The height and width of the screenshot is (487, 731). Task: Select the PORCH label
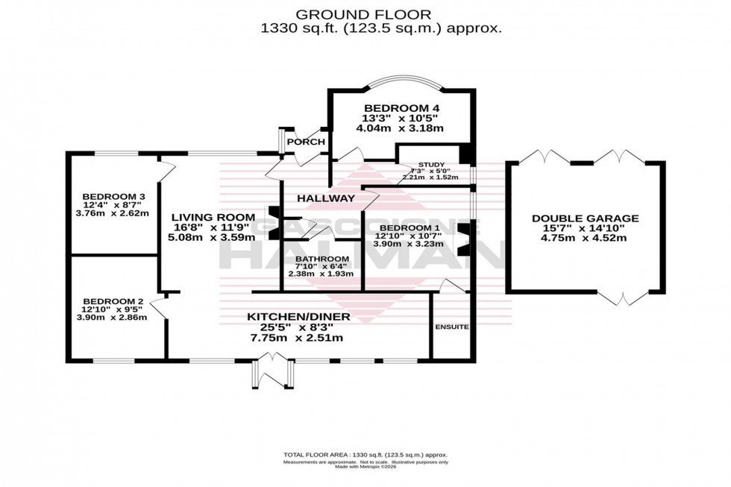pos(306,142)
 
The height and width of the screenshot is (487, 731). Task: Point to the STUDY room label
pos(430,165)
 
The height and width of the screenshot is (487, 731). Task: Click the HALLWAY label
pos(325,198)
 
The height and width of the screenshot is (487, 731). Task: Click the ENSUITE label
pos(451,327)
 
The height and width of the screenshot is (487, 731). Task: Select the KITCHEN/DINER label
pos(298,316)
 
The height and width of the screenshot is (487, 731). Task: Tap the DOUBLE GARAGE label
pos(585,219)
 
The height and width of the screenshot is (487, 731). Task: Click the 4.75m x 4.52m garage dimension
pos(585,239)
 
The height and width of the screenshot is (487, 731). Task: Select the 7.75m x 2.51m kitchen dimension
pos(298,338)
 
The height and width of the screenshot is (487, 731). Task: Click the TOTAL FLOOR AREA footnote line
pos(365,454)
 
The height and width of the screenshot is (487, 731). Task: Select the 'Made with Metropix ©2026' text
pos(365,468)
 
